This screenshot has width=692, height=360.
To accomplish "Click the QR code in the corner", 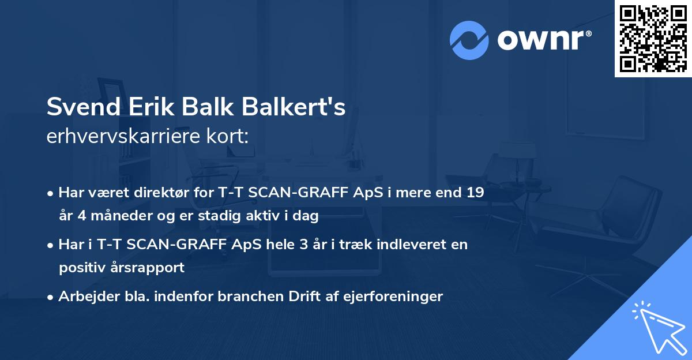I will pos(653,39).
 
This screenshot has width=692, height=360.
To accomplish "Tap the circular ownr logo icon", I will pos(469,40).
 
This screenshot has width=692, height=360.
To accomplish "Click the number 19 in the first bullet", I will pos(475,192).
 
